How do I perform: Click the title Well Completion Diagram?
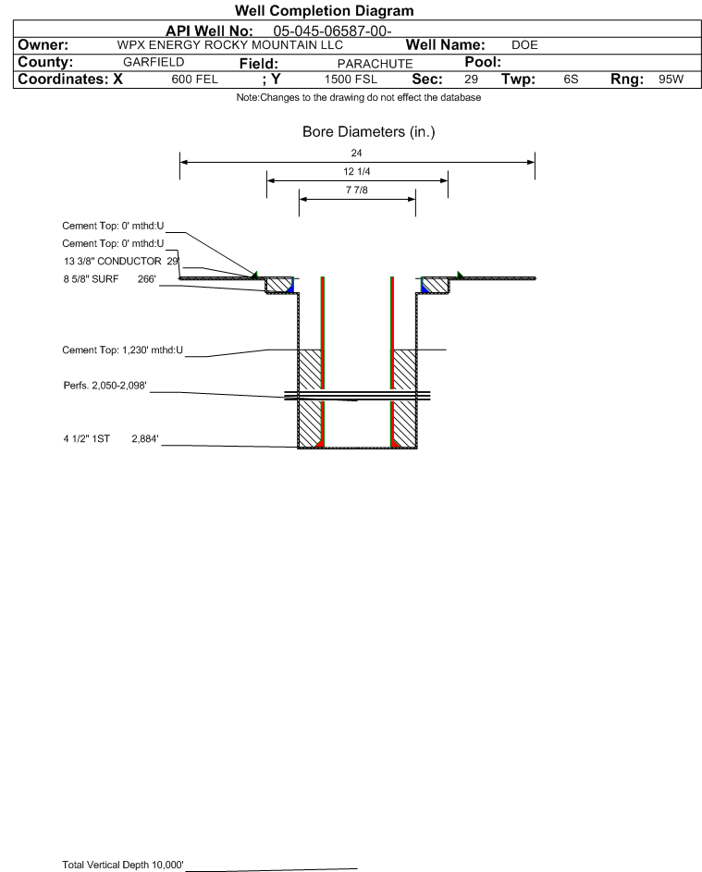coord(324,10)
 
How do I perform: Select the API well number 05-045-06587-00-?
coord(332,31)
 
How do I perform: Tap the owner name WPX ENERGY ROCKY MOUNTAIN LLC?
coord(229,45)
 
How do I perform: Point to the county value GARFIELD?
coord(154,62)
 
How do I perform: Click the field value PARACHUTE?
coord(375,64)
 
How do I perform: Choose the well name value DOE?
coord(524,45)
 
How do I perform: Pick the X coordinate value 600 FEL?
coord(194,80)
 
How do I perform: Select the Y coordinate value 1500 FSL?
coord(351,80)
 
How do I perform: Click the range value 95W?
coord(671,79)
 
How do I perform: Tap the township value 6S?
coord(571,79)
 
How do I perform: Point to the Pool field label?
coord(483,62)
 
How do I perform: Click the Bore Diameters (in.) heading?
coord(369,132)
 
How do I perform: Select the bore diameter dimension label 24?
coord(357,153)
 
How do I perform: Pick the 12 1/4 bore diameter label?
coord(357,172)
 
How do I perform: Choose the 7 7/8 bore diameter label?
coord(357,190)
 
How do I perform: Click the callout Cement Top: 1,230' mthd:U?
coord(122,350)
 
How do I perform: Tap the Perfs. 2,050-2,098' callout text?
coord(105,386)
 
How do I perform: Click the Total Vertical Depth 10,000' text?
coord(123,865)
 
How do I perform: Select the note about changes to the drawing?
coord(359,98)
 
